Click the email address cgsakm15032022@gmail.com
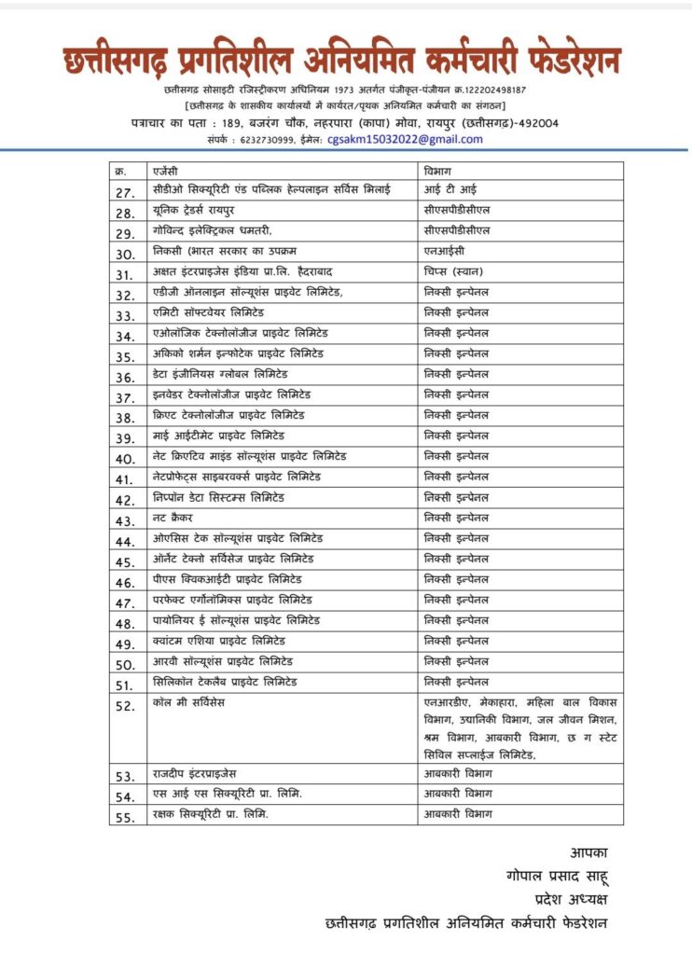click(405, 139)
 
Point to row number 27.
click(125, 192)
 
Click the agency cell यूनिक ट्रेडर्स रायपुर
click(197, 212)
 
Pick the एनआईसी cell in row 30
click(443, 252)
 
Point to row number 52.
click(125, 706)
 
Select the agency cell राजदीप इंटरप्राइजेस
click(209, 773)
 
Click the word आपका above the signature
click(587, 851)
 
